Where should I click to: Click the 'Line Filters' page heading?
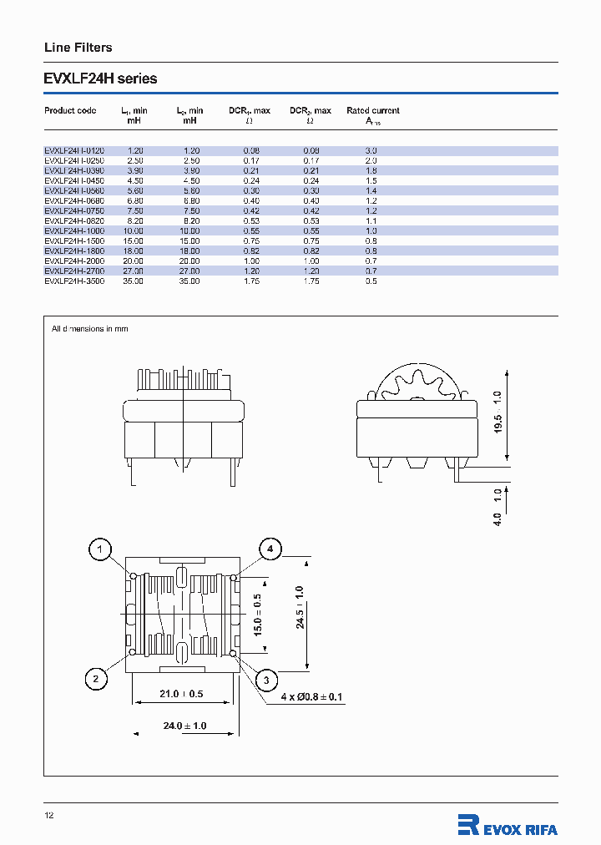(78, 48)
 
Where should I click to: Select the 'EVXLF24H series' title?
(100, 79)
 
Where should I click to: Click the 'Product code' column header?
(70, 110)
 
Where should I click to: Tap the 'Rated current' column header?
(372, 110)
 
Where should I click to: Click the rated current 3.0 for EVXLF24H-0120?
(371, 150)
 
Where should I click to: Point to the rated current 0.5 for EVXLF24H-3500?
(371, 281)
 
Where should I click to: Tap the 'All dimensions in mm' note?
(90, 329)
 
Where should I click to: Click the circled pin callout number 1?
(100, 549)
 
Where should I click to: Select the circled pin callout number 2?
(96, 680)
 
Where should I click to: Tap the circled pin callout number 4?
(270, 549)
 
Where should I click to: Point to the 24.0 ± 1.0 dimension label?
(184, 726)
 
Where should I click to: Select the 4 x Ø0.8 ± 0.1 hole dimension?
(312, 696)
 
